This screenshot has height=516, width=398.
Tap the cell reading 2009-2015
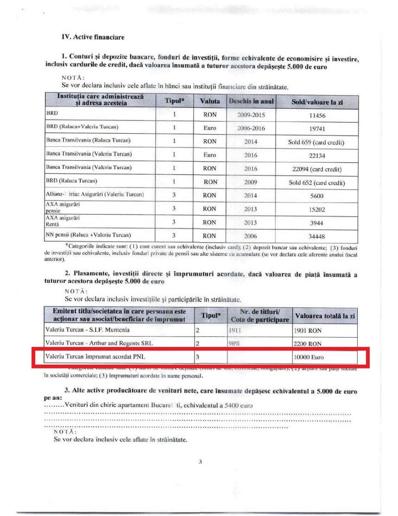coord(251,115)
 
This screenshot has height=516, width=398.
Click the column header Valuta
coord(210,101)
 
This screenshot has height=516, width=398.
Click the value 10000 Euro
coord(309,357)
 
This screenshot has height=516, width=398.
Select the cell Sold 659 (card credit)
coord(317,142)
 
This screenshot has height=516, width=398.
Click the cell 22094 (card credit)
coord(317,169)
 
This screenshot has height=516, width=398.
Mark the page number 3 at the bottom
coord(200,462)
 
